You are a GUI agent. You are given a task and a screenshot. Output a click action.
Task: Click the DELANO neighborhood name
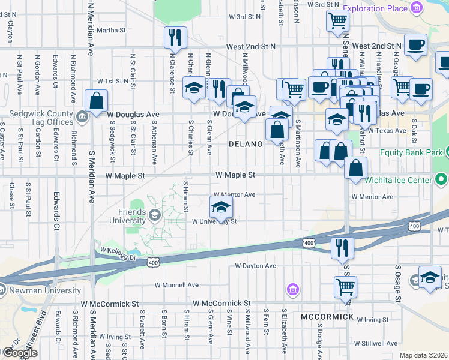(x=245, y=145)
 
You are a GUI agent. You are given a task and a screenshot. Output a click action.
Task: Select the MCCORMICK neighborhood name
(x=327, y=316)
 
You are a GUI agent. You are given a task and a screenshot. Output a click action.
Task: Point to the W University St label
(x=215, y=221)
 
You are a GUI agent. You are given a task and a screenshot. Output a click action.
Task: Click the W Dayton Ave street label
(x=255, y=266)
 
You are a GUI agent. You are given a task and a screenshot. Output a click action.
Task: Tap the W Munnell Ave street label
(x=176, y=285)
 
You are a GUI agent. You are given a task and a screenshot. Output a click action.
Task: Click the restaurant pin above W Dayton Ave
(x=342, y=247)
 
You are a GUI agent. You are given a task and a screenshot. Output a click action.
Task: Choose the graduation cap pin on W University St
(x=221, y=208)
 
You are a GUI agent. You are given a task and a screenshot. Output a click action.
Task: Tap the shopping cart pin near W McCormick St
(x=345, y=287)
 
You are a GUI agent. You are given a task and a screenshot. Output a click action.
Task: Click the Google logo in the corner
(x=19, y=353)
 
